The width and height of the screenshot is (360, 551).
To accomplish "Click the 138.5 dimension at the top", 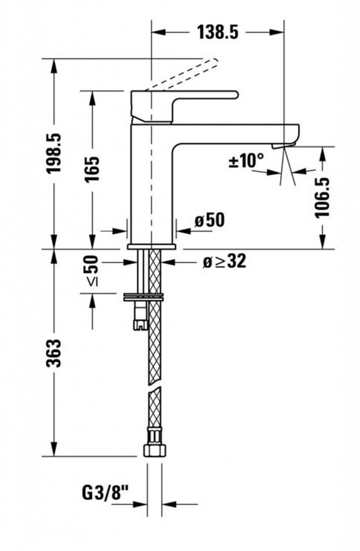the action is (217, 33).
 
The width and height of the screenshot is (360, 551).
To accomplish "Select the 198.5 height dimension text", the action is (54, 153).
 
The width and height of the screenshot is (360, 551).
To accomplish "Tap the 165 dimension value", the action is (93, 168).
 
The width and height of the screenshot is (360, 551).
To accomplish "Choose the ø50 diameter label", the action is (209, 220).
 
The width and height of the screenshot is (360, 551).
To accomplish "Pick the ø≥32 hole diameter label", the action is (224, 262).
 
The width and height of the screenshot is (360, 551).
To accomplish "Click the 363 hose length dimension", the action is (54, 353).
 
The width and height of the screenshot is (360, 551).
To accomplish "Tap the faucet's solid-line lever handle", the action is (185, 107).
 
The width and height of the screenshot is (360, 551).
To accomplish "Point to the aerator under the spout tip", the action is (284, 145).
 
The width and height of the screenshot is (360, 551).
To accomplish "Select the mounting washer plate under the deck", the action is (144, 296).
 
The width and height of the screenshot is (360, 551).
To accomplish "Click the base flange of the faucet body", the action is (152, 246).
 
